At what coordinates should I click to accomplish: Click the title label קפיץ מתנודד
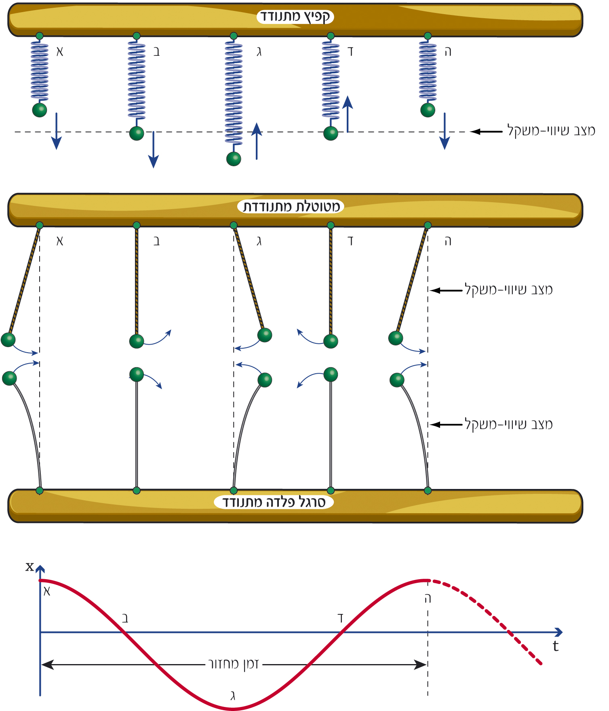(x=295, y=17)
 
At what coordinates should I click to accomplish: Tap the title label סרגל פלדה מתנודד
(x=274, y=502)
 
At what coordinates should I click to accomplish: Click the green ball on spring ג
(x=234, y=159)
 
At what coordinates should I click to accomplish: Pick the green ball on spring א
(x=40, y=110)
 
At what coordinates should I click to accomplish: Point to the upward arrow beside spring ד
(x=348, y=114)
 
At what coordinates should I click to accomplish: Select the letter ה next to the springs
(x=447, y=52)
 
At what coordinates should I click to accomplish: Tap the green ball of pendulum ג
(x=265, y=335)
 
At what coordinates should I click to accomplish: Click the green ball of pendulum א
(x=8, y=340)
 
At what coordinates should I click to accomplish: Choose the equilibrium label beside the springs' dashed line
(x=551, y=131)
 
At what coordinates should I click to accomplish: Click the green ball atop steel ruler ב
(x=137, y=374)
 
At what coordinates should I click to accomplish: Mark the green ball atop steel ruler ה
(x=397, y=380)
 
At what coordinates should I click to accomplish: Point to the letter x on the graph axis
(x=30, y=567)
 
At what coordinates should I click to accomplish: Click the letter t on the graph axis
(x=556, y=646)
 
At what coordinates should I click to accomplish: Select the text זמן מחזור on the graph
(x=233, y=664)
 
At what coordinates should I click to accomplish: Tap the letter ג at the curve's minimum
(x=233, y=696)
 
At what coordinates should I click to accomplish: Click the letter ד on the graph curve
(x=341, y=618)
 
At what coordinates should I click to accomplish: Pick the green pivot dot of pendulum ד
(x=331, y=225)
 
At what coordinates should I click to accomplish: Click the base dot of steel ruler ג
(x=234, y=491)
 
